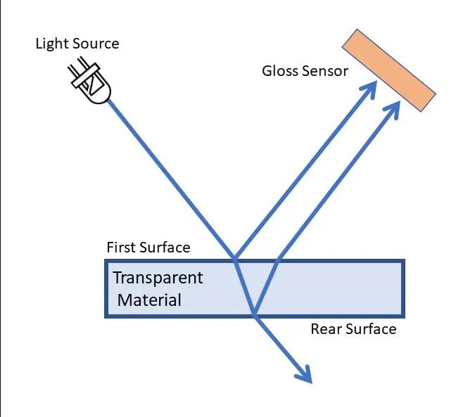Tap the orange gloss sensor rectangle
point(388,70)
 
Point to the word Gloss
point(280,71)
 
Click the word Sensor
point(324,71)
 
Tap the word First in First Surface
point(122,248)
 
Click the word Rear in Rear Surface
point(326,329)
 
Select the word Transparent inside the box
point(158,278)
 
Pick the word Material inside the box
point(149,300)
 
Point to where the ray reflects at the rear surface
point(253,315)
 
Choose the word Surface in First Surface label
point(165,248)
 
